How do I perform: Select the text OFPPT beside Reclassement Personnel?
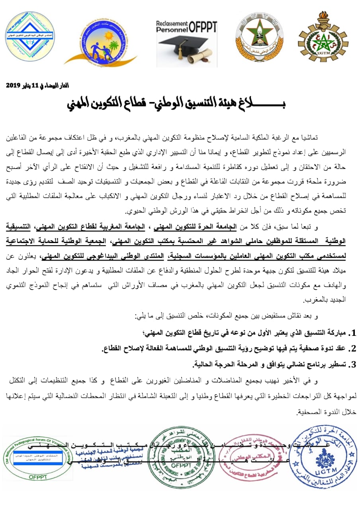(x=203, y=27)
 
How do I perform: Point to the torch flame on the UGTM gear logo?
(x=323, y=16)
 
